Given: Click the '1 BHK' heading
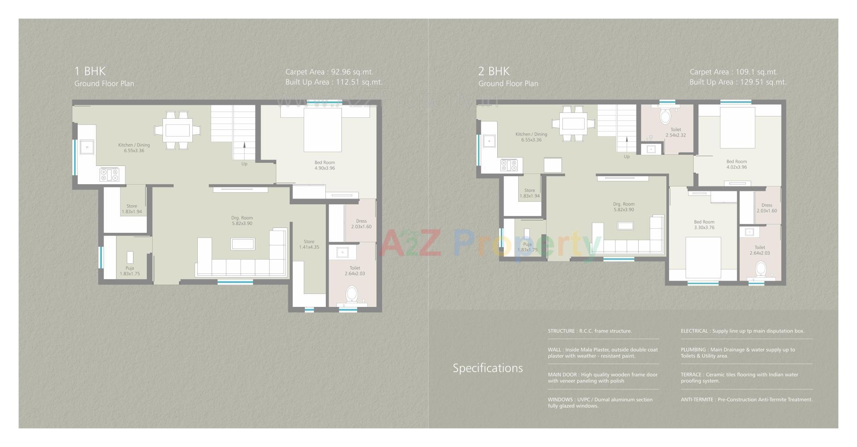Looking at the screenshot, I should pos(90,71).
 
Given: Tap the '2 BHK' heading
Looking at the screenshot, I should pos(494,71).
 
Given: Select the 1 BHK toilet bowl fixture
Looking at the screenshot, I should pos(352,294).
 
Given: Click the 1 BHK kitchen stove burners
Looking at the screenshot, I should pos(109,174).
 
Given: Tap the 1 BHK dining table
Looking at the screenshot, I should pos(178,130).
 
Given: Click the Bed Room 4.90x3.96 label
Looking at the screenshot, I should pos(324,166).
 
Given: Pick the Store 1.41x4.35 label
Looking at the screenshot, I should pos(309,244).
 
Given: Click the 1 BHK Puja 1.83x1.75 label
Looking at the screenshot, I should pos(129,271).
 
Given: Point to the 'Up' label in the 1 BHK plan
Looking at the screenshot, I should pos(244,164).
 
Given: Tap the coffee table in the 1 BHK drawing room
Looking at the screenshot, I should pos(243,244).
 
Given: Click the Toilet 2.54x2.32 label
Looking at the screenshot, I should pos(675,132).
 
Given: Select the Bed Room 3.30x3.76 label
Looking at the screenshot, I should pos(704,224).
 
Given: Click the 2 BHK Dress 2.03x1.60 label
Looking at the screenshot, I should pos(766,208).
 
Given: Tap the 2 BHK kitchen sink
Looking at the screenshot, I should pos(489,141).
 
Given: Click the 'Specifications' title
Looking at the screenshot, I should pos(487,368).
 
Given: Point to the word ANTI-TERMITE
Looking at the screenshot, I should pos(696,400).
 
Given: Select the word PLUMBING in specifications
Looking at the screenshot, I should pos(693,350).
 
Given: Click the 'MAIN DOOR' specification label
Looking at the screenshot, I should pos(562,375).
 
